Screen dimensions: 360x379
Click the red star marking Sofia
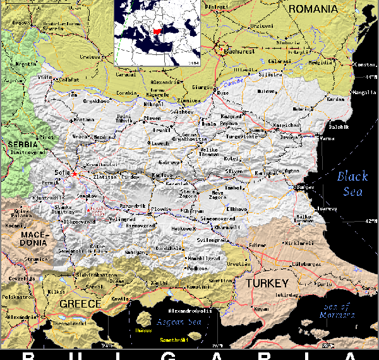point(75,174)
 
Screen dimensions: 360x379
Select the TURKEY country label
point(267,283)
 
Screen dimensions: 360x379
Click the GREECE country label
point(80,304)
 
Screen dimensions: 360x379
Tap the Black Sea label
point(351,183)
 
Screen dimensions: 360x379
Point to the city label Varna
point(327,138)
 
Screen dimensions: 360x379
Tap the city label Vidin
point(45,77)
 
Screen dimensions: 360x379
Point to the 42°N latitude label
point(370,221)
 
